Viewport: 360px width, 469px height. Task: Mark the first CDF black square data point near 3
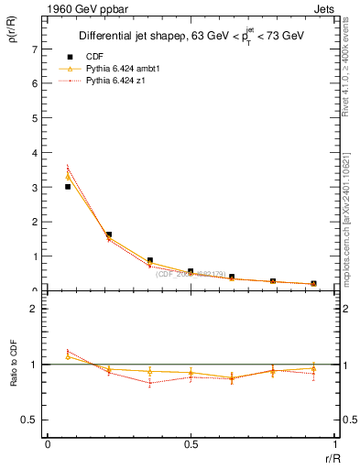click(68, 187)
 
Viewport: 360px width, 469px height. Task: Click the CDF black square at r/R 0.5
click(191, 272)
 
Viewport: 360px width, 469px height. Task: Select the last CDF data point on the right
click(313, 284)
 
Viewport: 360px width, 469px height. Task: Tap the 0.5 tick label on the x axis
click(191, 444)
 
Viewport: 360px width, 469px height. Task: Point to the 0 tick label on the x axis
click(48, 444)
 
